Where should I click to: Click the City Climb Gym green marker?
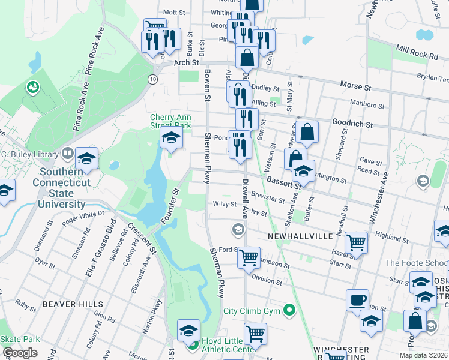(291, 310)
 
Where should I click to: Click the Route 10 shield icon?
(154, 79)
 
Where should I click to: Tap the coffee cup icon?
(357, 300)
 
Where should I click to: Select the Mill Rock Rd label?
(416, 54)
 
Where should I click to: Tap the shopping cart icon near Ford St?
(249, 258)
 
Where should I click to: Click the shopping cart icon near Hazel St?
(356, 243)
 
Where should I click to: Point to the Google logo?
(20, 353)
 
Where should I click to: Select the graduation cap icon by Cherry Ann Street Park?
(171, 138)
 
